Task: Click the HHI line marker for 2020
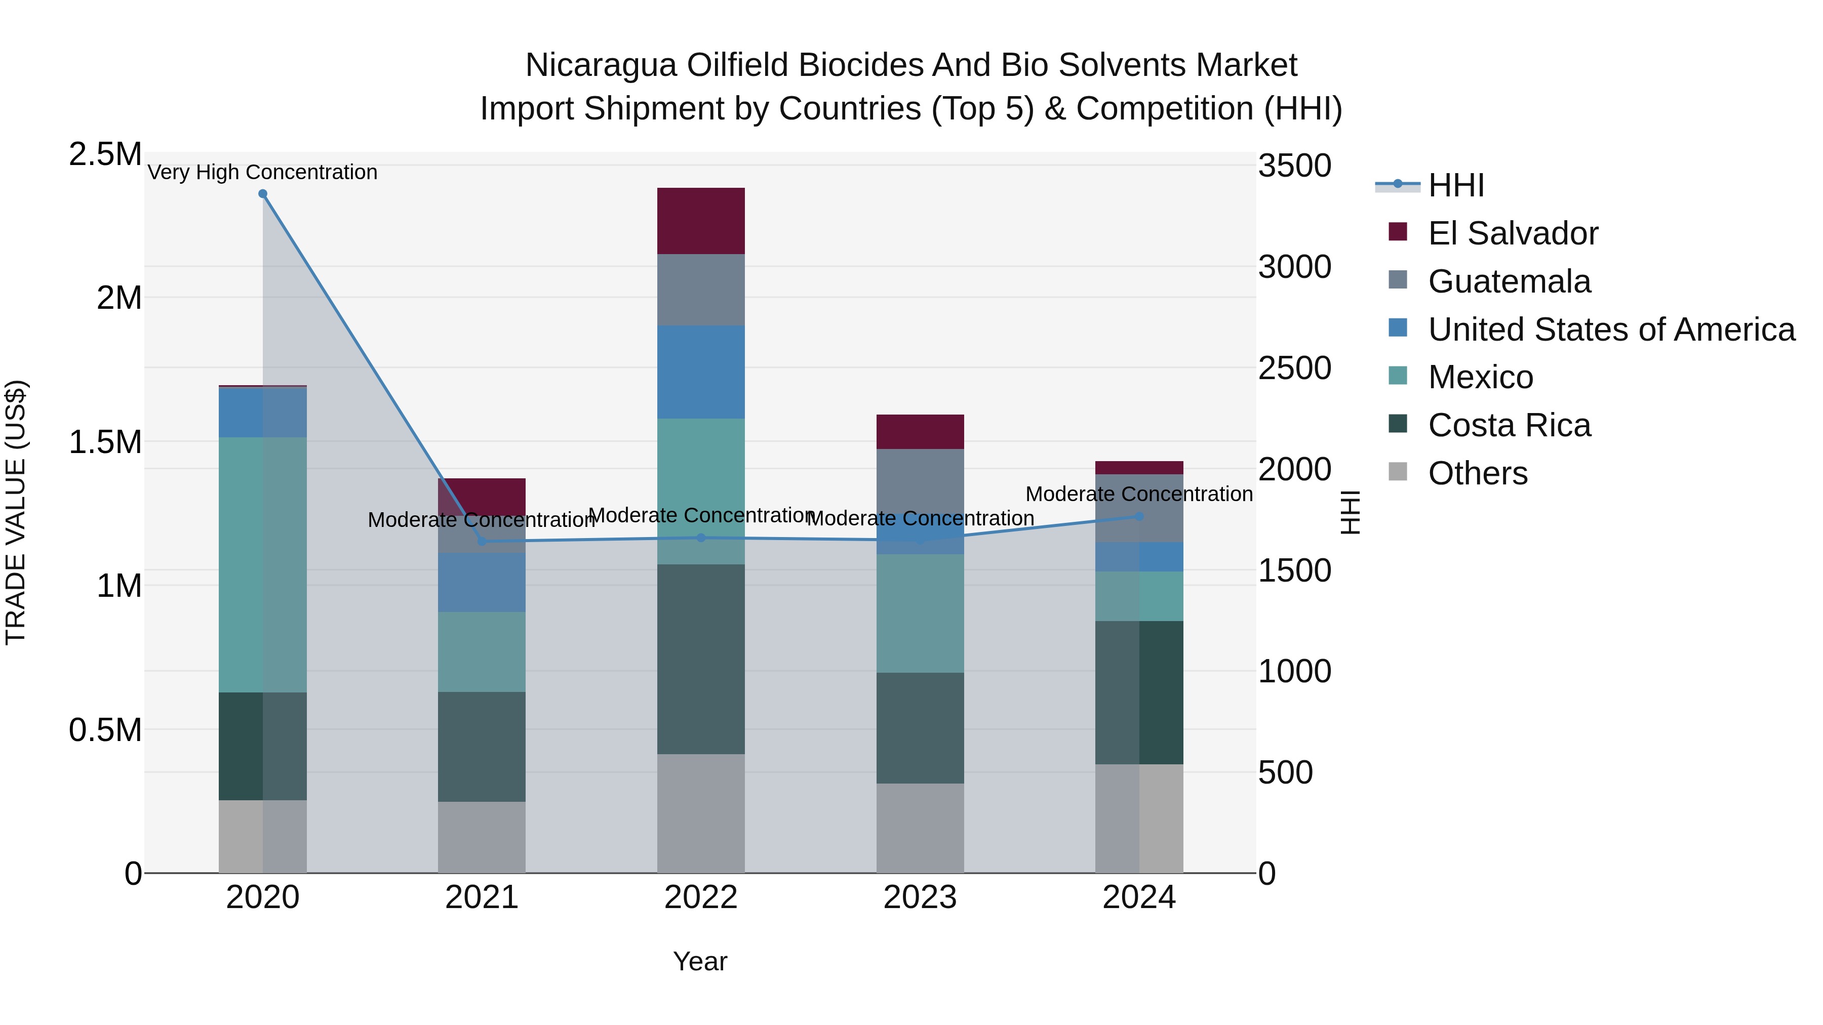(x=262, y=194)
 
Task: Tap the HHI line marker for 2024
(x=1139, y=516)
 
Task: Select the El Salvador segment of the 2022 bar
(x=701, y=221)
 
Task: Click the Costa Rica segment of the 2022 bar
(x=701, y=659)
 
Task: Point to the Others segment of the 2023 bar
(x=920, y=828)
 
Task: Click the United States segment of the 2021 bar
(x=481, y=582)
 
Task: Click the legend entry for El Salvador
(x=1512, y=233)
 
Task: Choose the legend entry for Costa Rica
(x=1509, y=425)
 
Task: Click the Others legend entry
(x=1477, y=473)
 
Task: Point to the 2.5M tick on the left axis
(x=105, y=154)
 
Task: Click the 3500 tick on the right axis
(x=1294, y=166)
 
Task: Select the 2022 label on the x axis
(x=701, y=897)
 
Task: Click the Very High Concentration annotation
(x=262, y=172)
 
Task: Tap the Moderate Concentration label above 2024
(x=1139, y=494)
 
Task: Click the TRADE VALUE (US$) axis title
(x=16, y=512)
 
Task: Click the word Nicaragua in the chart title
(x=601, y=65)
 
